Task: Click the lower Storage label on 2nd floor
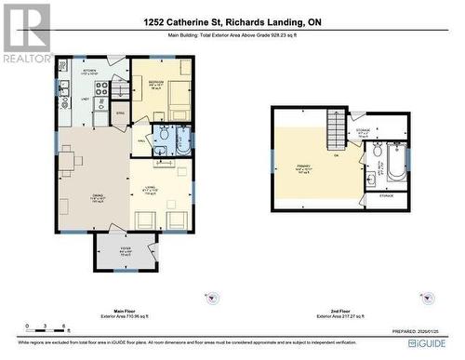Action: [x=385, y=196]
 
